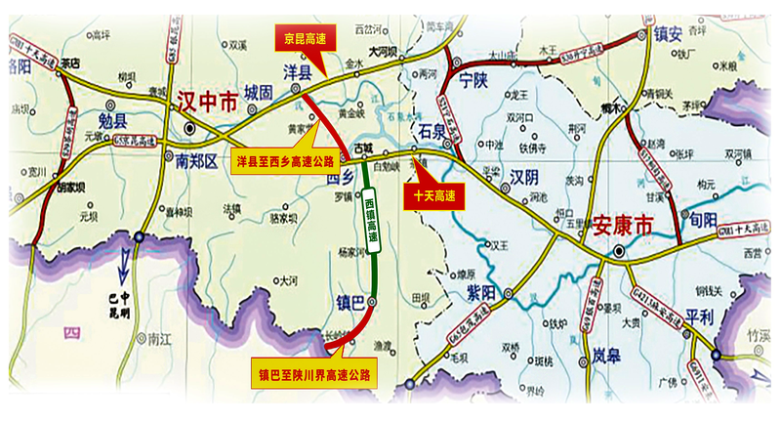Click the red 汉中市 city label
[x=207, y=100]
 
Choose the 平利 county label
[x=700, y=316]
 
